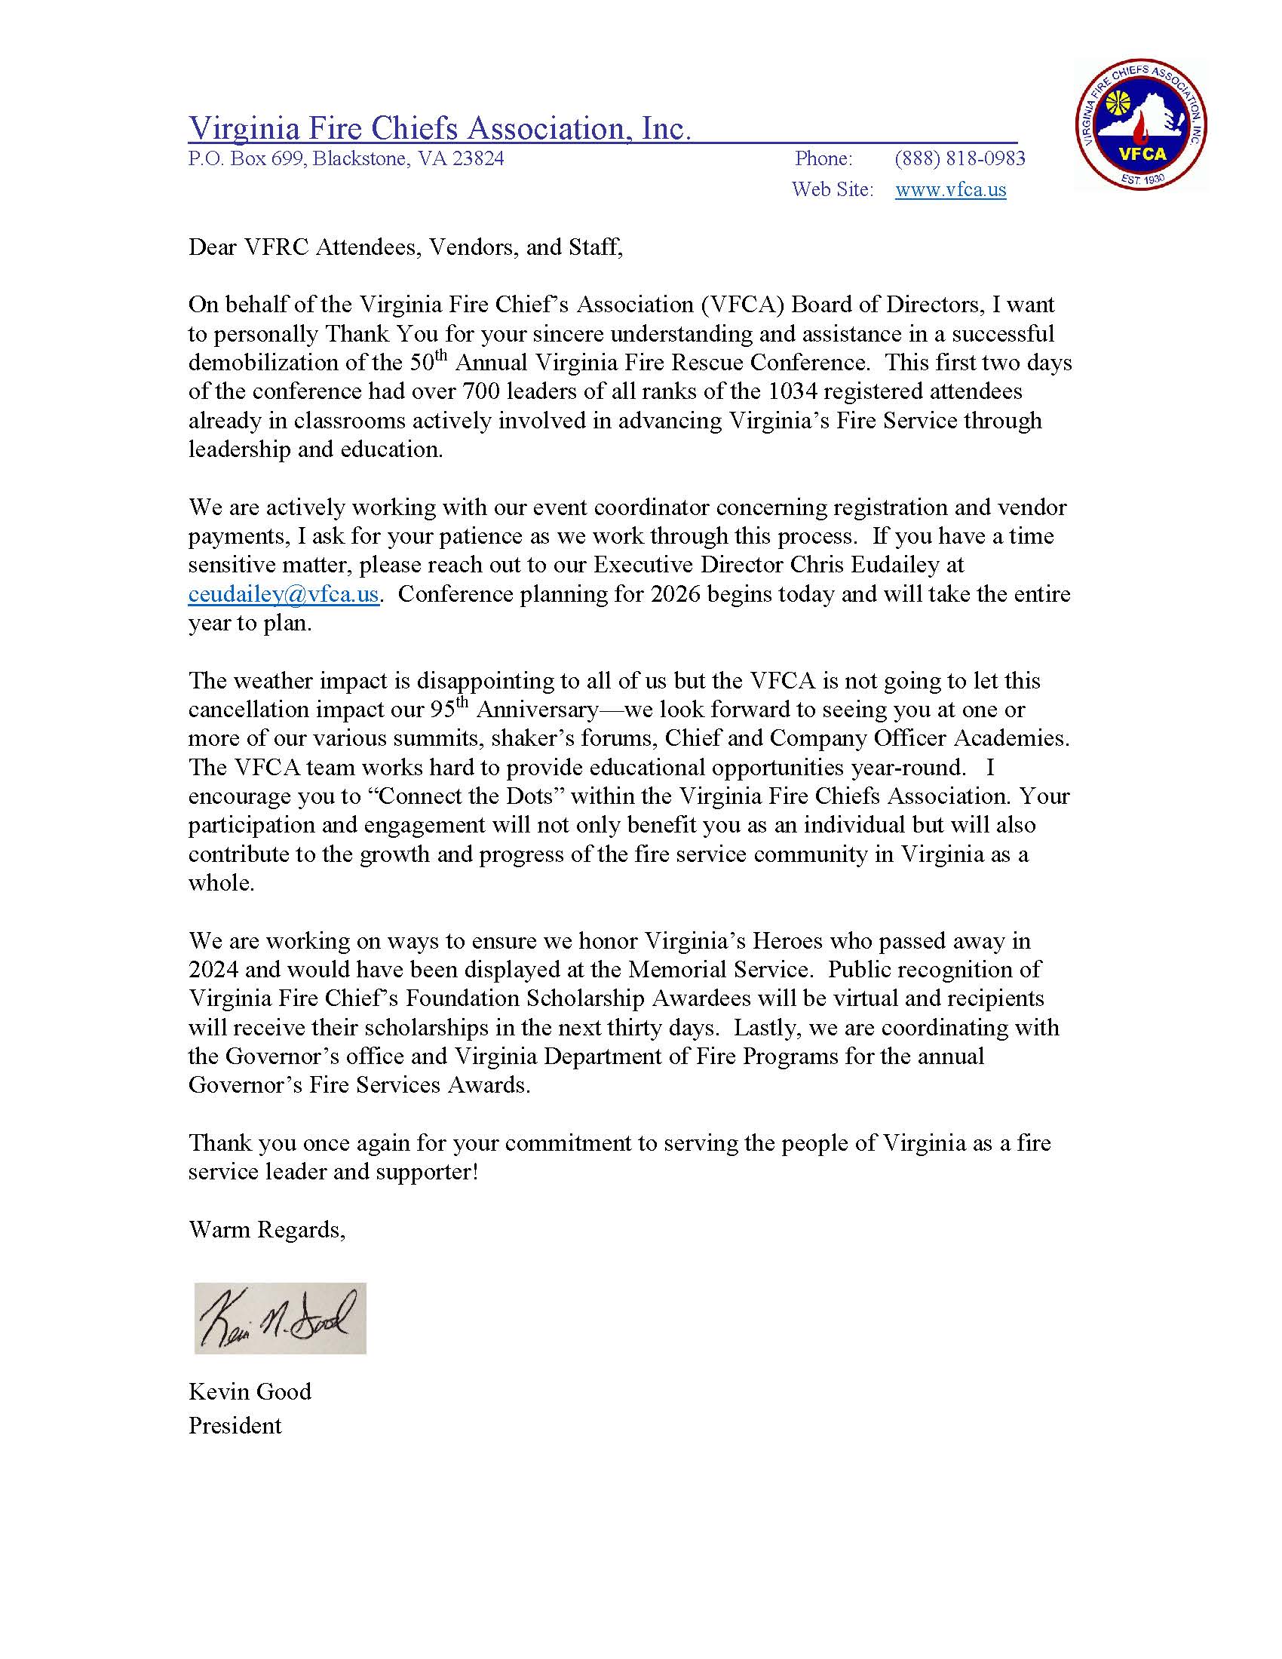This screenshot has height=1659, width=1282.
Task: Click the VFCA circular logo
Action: [x=1141, y=124]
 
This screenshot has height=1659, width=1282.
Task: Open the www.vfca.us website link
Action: [x=950, y=189]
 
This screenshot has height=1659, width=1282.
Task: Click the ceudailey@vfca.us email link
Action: [x=284, y=594]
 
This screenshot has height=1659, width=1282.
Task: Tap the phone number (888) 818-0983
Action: [x=959, y=158]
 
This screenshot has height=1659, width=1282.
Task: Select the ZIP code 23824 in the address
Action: [x=477, y=158]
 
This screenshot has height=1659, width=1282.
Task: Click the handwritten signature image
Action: [x=280, y=1318]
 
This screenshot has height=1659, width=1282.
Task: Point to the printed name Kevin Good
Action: [x=249, y=1391]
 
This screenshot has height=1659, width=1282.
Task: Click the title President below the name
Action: [x=235, y=1425]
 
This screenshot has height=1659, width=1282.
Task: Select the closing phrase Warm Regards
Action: [x=265, y=1229]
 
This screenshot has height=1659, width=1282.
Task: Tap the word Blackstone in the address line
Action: [x=360, y=158]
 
